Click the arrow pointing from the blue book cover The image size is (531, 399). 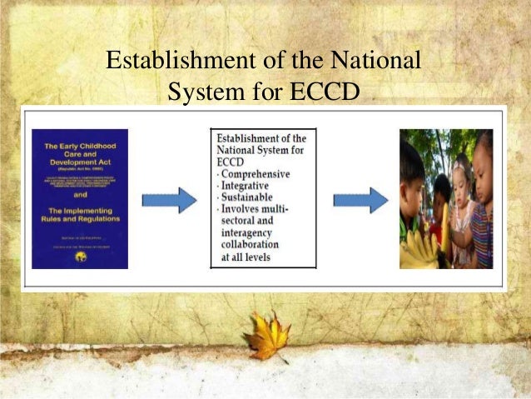click(x=169, y=199)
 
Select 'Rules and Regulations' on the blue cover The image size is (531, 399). click(x=80, y=218)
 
